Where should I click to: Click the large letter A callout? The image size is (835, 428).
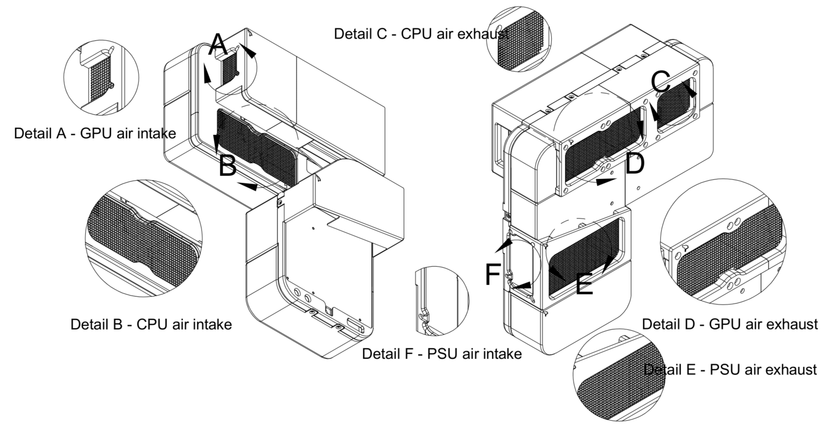pyautogui.click(x=218, y=45)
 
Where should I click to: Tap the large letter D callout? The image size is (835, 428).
pyautogui.click(x=635, y=163)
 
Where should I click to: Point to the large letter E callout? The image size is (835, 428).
pyautogui.click(x=584, y=284)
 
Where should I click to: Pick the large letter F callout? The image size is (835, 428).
pyautogui.click(x=493, y=274)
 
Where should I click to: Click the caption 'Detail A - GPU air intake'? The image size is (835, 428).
pyautogui.click(x=95, y=133)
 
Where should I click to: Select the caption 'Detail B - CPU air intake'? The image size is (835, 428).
pyautogui.click(x=151, y=324)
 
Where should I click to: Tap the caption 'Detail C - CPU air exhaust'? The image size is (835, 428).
pyautogui.click(x=421, y=34)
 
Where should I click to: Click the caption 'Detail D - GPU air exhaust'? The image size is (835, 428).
pyautogui.click(x=730, y=324)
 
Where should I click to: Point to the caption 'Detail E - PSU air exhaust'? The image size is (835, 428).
pyautogui.click(x=730, y=369)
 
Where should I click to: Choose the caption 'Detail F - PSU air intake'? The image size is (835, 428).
pyautogui.click(x=442, y=354)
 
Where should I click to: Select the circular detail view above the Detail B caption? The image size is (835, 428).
pyautogui.click(x=143, y=238)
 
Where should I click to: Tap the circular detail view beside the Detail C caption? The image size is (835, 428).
pyautogui.click(x=519, y=39)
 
